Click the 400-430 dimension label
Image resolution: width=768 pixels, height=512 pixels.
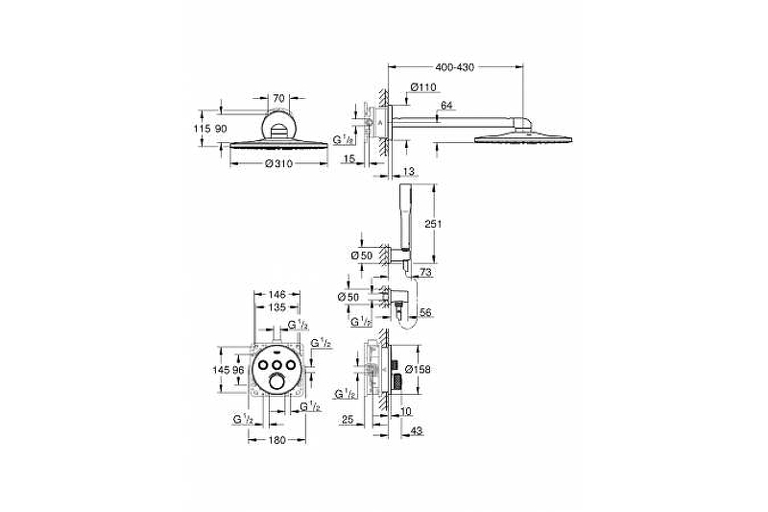455,67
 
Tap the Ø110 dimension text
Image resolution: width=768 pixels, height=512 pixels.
424,87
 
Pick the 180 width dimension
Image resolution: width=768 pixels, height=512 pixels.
276,441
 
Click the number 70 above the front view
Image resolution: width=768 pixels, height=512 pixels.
277,98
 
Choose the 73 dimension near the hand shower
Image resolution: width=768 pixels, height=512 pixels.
426,274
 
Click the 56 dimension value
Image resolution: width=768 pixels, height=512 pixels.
426,313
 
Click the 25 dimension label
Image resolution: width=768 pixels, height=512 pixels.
350,420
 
